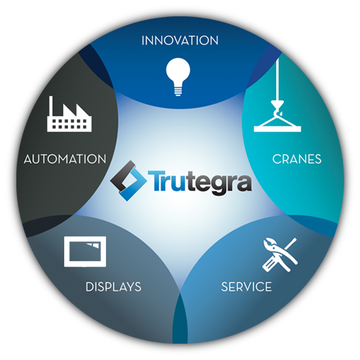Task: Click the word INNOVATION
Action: coord(180,41)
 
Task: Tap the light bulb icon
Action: coord(178,77)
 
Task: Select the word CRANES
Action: coord(297,159)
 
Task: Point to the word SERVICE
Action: coord(246,287)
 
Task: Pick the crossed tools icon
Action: coord(280,255)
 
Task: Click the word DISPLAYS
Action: coord(113,287)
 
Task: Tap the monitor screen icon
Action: coord(85,251)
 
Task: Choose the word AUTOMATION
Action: coord(65,159)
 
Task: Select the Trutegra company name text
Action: coord(200,183)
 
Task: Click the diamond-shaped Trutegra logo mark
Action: coord(128,181)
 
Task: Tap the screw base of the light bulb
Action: coord(178,91)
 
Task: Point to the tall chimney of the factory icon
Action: coord(51,106)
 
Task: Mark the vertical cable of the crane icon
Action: coord(278,79)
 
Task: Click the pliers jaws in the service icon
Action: coord(270,245)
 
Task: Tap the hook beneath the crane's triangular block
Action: coord(278,113)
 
